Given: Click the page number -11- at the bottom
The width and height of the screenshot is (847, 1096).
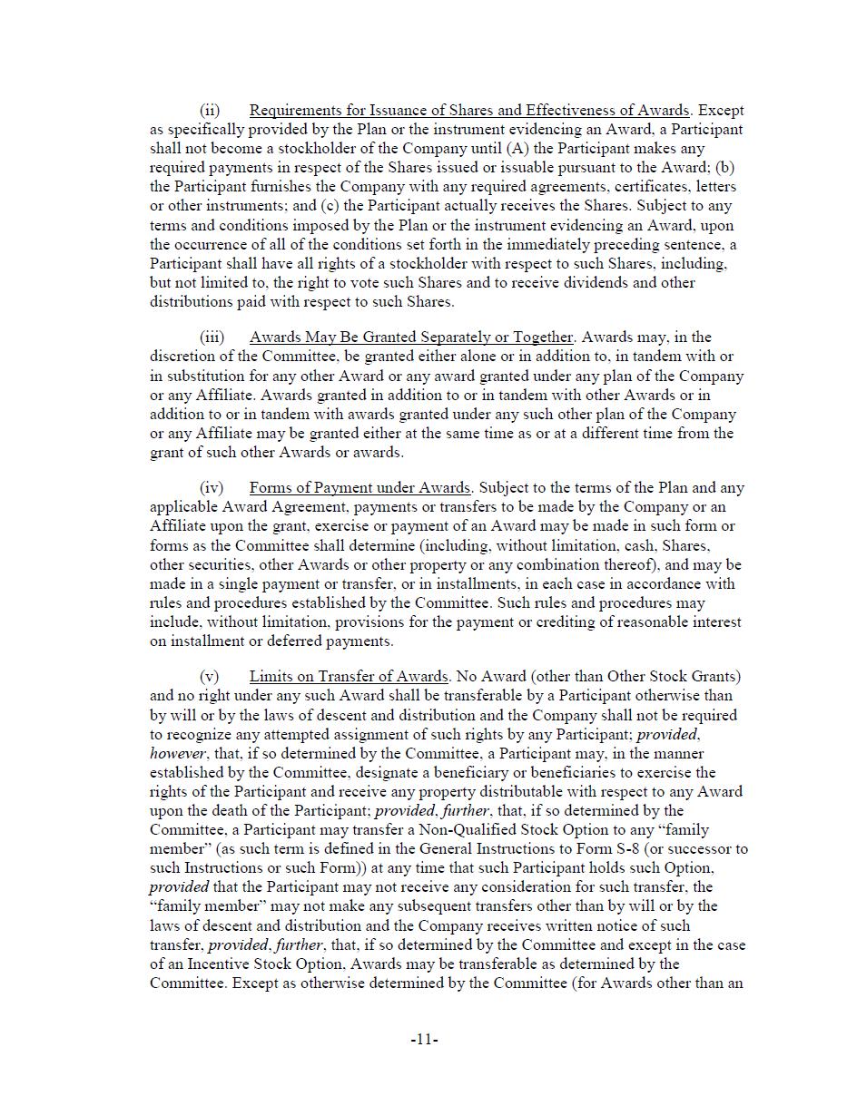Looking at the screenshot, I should coord(424,1040).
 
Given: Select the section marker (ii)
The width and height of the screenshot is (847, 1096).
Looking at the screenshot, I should coord(210,111).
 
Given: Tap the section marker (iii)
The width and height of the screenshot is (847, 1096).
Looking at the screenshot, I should coord(212,338).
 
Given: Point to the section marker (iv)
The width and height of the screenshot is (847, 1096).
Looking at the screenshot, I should coord(212,488).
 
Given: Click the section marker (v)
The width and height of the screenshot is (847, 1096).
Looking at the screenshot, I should coord(210,677).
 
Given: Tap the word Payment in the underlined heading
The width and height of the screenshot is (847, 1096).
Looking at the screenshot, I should coord(327,488).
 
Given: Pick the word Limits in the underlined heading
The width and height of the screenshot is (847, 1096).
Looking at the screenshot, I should coord(271,677).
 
